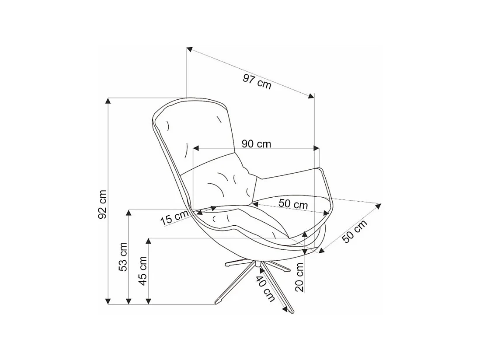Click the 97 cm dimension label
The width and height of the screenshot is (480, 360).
pyautogui.click(x=257, y=81)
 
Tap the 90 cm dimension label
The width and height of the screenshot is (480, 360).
pyautogui.click(x=256, y=144)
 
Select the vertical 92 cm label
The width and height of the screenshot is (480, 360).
pyautogui.click(x=102, y=204)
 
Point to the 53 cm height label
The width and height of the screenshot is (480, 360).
pyautogui.click(x=123, y=256)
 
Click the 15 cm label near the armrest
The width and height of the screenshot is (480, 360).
pyautogui.click(x=174, y=217)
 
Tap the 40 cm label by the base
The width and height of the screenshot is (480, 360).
pyautogui.click(x=265, y=289)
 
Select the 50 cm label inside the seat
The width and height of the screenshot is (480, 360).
pyautogui.click(x=293, y=204)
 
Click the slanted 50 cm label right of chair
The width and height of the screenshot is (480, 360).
pyautogui.click(x=354, y=231)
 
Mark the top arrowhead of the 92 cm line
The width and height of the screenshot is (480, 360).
pyautogui.click(x=108, y=100)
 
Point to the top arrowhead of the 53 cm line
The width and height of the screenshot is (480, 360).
pyautogui.click(x=129, y=212)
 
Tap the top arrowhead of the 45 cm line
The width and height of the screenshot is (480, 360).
pyautogui.click(x=149, y=241)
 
